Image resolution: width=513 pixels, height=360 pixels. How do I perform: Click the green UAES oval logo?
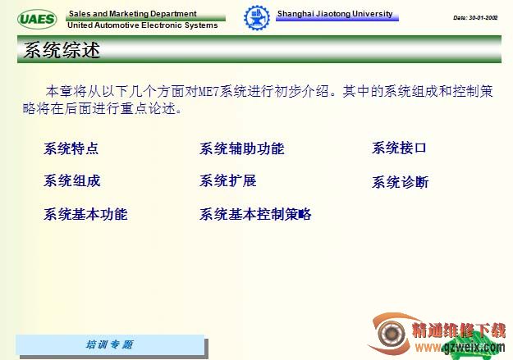pyautogui.click(x=37, y=19)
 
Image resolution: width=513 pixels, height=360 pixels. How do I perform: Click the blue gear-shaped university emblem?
pyautogui.click(x=257, y=18)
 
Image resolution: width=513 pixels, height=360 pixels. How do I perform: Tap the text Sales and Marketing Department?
pyautogui.click(x=132, y=14)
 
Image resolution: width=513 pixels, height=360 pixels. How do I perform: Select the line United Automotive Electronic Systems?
pyautogui.click(x=143, y=25)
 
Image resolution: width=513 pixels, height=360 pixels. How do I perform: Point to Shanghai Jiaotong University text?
pyautogui.click(x=335, y=14)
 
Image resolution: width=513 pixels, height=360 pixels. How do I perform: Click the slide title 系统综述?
pyautogui.click(x=62, y=50)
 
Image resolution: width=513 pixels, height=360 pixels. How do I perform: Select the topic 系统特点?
pyautogui.click(x=71, y=148)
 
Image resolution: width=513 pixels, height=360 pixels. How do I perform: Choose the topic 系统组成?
pyautogui.click(x=71, y=180)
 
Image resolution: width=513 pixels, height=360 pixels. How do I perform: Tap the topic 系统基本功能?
pyautogui.click(x=85, y=214)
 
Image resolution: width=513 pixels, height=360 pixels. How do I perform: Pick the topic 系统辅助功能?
pyautogui.click(x=242, y=148)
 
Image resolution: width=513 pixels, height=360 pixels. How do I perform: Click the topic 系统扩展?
pyautogui.click(x=227, y=180)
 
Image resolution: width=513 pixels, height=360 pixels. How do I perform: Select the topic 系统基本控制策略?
pyautogui.click(x=255, y=214)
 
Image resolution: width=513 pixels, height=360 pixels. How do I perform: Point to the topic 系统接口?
pyautogui.click(x=399, y=148)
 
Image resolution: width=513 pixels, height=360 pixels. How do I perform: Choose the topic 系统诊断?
pyautogui.click(x=400, y=182)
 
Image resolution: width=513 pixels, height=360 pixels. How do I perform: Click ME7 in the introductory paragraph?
pyautogui.click(x=208, y=92)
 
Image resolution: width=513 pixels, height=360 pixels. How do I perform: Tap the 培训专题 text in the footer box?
pyautogui.click(x=109, y=344)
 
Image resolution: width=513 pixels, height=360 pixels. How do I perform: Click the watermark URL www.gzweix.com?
pyautogui.click(x=460, y=347)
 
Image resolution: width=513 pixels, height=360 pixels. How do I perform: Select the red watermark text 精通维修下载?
pyautogui.click(x=459, y=330)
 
